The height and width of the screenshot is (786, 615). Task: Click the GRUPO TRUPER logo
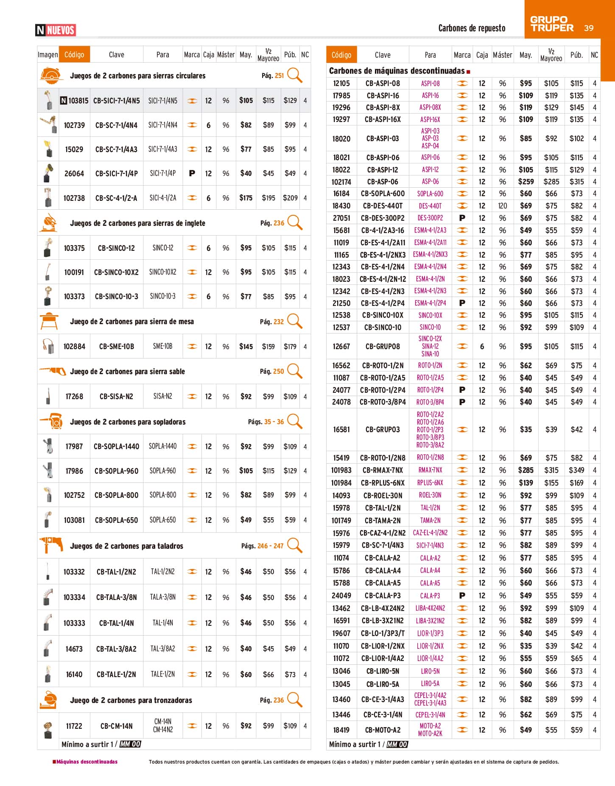click(x=551, y=24)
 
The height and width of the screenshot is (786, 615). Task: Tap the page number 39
click(x=589, y=28)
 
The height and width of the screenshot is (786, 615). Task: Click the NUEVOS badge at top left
click(x=56, y=30)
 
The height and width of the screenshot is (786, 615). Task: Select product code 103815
click(x=78, y=101)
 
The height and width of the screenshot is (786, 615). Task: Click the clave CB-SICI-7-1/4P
click(x=116, y=174)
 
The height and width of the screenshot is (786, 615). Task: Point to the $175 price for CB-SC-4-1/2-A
click(x=246, y=198)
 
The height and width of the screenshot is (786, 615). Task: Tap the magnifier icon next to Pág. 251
click(x=294, y=75)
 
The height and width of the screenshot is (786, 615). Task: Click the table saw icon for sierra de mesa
click(x=48, y=321)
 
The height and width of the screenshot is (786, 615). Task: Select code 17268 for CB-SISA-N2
click(x=74, y=397)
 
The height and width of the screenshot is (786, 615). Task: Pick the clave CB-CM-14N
click(x=116, y=726)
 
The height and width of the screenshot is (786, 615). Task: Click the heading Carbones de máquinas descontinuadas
click(x=397, y=71)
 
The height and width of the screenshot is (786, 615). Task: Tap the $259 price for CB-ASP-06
click(x=526, y=182)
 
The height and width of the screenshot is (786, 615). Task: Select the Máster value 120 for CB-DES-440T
click(x=502, y=206)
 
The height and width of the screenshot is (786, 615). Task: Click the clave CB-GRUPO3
click(x=383, y=430)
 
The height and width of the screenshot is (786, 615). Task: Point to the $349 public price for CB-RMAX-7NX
click(x=576, y=470)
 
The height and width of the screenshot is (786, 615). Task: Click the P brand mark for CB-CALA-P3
click(x=462, y=596)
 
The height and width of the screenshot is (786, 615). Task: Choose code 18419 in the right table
click(x=341, y=730)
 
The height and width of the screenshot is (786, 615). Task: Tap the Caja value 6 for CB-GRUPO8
click(x=482, y=347)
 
